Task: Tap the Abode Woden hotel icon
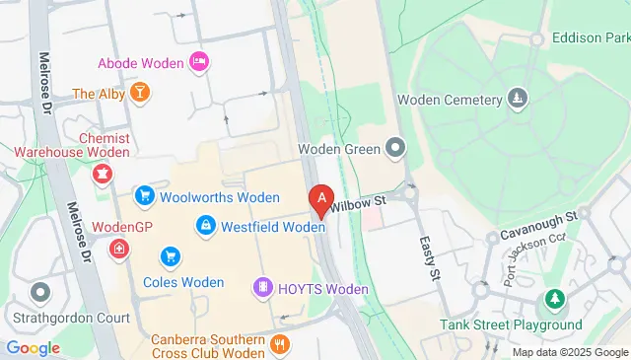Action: click(198, 63)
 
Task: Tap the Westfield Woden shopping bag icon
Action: click(204, 227)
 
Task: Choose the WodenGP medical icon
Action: click(119, 248)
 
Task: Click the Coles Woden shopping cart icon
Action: click(172, 256)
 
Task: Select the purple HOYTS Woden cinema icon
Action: click(262, 288)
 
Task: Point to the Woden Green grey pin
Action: click(395, 149)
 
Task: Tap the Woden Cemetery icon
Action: click(517, 99)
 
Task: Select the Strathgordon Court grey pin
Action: click(40, 293)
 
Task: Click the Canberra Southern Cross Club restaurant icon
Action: click(280, 344)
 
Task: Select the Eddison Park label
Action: click(591, 38)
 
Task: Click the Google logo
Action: click(33, 346)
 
